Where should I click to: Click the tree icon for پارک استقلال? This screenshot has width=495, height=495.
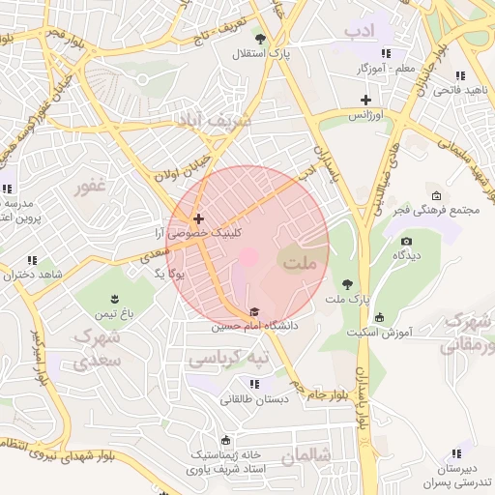(x=261, y=38)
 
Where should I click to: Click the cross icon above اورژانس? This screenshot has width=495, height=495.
(x=365, y=101)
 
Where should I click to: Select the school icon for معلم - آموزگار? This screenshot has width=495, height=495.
(x=387, y=53)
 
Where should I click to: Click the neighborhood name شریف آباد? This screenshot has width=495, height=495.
(x=213, y=120)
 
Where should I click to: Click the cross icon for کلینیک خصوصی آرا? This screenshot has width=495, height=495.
(x=198, y=219)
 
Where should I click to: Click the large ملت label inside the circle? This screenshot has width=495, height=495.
(x=300, y=261)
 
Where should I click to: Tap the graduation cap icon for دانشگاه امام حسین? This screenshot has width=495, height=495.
(x=254, y=312)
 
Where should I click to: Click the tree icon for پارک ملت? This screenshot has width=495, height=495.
(x=347, y=284)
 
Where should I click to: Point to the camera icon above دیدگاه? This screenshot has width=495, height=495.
(x=406, y=241)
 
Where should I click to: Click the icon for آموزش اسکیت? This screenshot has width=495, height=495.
(x=379, y=317)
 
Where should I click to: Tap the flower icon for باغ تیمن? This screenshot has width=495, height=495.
(x=114, y=298)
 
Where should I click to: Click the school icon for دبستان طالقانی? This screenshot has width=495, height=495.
(x=254, y=384)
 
